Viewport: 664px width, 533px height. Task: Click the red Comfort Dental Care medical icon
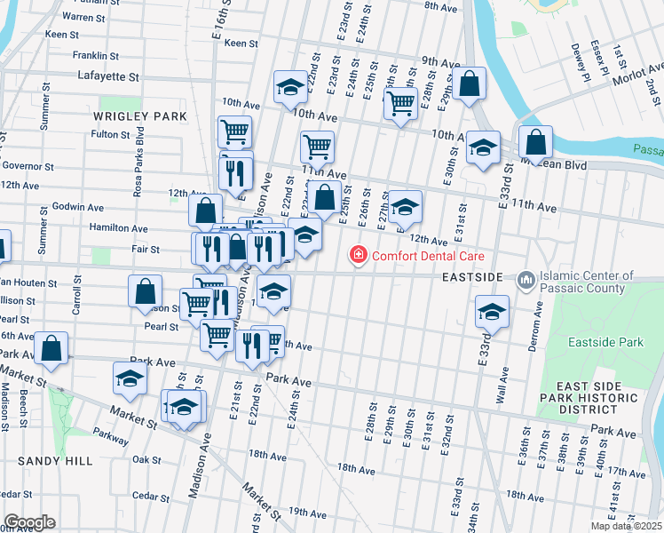coord(359,256)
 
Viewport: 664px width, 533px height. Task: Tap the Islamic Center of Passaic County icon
coord(526,281)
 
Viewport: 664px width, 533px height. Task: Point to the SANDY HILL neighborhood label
coord(55,462)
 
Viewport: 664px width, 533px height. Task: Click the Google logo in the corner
coord(28,522)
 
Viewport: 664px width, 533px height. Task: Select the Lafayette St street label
coord(108,76)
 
